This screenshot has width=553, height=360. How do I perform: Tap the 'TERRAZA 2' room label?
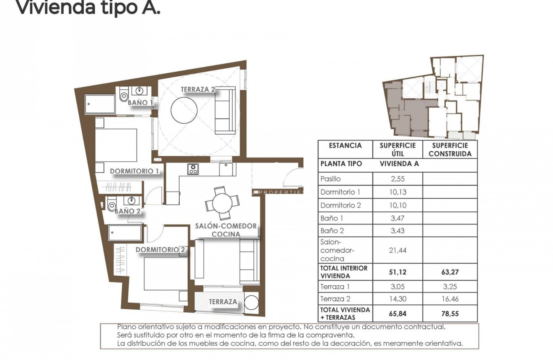[198, 89]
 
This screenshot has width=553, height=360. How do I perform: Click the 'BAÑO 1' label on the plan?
[140, 102]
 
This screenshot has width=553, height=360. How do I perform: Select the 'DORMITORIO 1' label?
[134, 171]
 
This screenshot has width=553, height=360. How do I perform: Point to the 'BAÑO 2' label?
[127, 211]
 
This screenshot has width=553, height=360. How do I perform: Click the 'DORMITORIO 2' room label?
[160, 249]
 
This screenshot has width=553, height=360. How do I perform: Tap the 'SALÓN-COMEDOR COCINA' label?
[226, 230]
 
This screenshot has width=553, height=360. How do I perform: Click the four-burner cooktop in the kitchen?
[193, 168]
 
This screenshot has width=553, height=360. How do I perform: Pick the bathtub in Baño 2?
[125, 233]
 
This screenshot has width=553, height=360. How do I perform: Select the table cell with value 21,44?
[398, 250]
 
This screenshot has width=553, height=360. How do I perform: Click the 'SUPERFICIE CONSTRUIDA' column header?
[450, 150]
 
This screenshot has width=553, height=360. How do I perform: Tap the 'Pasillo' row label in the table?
[331, 179]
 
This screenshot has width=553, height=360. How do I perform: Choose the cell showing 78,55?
[450, 313]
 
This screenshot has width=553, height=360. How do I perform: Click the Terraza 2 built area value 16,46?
[450, 299]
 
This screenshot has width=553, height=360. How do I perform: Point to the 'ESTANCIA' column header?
[345, 146]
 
